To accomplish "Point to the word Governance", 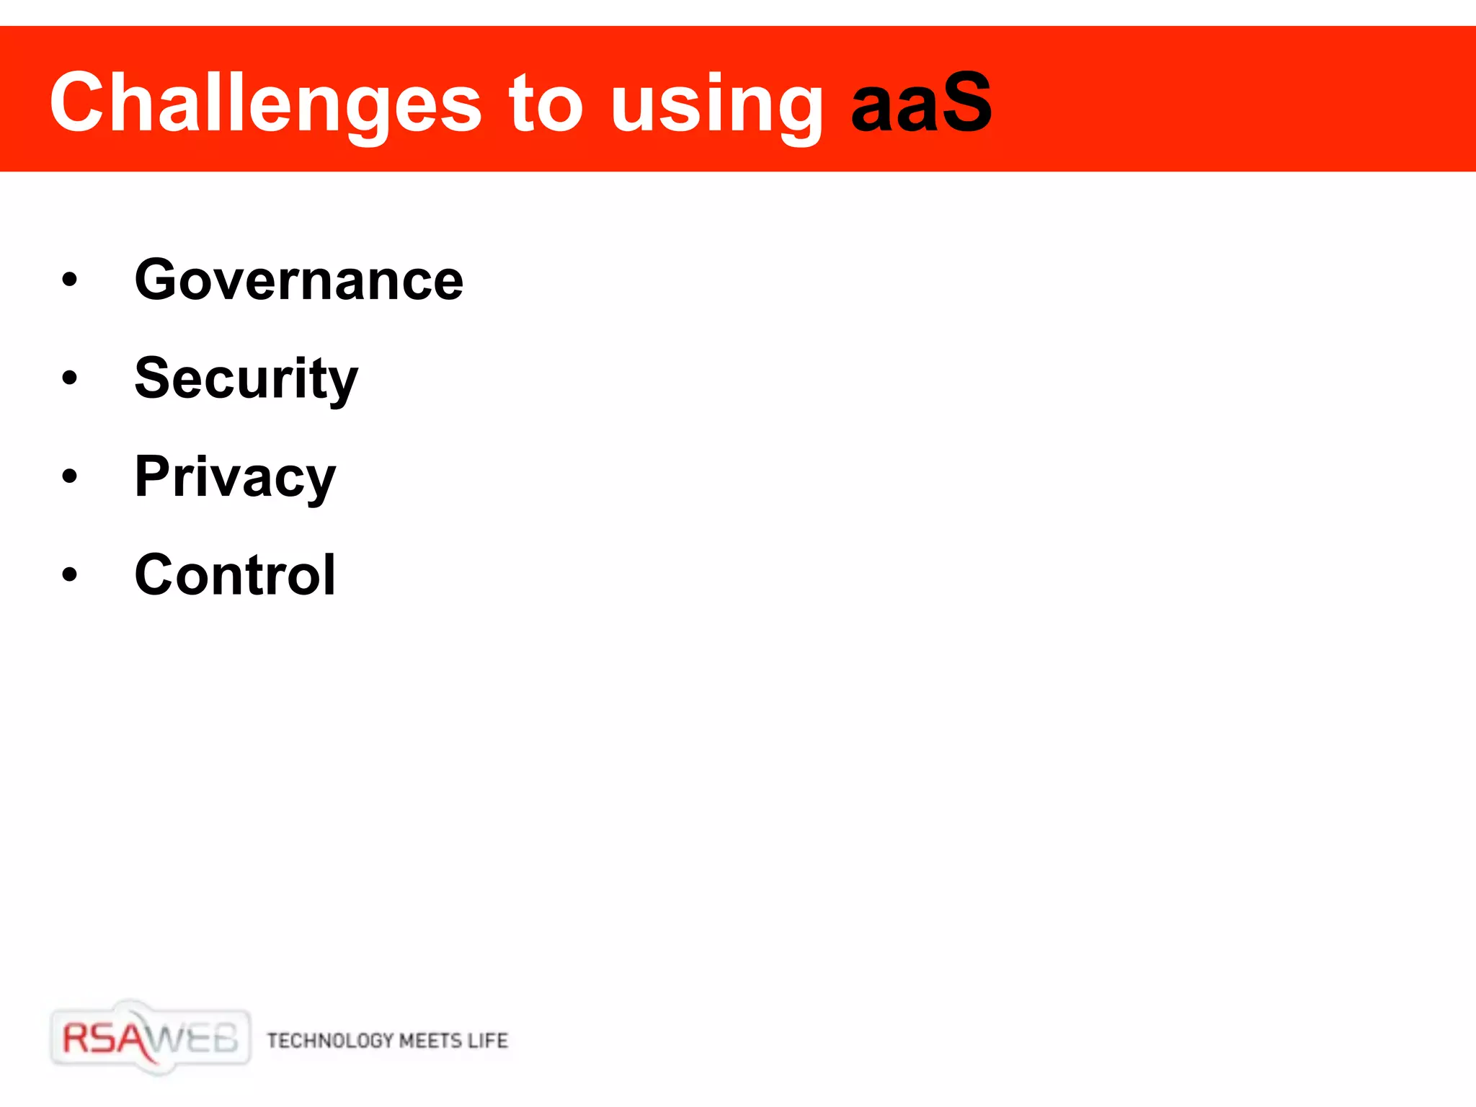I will click(x=299, y=280).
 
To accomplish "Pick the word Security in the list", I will click(x=246, y=379).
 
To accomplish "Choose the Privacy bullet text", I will click(x=235, y=478).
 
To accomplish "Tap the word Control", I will click(x=235, y=575).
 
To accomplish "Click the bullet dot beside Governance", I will click(x=69, y=280).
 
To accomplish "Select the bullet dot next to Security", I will click(x=69, y=378).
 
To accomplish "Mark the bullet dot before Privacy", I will click(x=69, y=476).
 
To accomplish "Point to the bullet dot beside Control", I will click(x=69, y=574).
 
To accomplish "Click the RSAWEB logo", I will click(x=151, y=1039).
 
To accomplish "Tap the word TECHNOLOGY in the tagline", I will click(x=330, y=1041).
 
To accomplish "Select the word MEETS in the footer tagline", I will click(x=430, y=1041).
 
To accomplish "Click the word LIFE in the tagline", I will click(x=488, y=1041).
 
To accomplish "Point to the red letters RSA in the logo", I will click(x=105, y=1039).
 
